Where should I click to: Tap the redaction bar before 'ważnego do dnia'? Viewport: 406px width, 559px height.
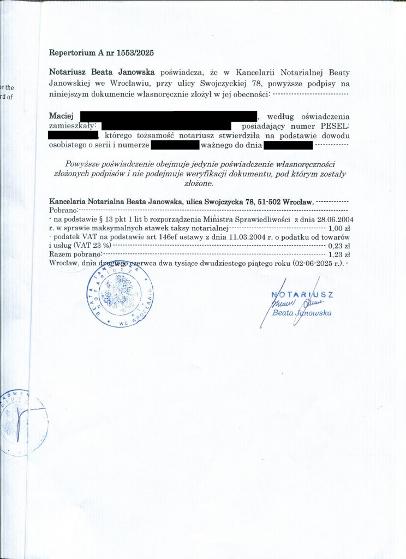[x=175, y=145]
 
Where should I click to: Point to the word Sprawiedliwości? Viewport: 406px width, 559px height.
[x=264, y=219]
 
